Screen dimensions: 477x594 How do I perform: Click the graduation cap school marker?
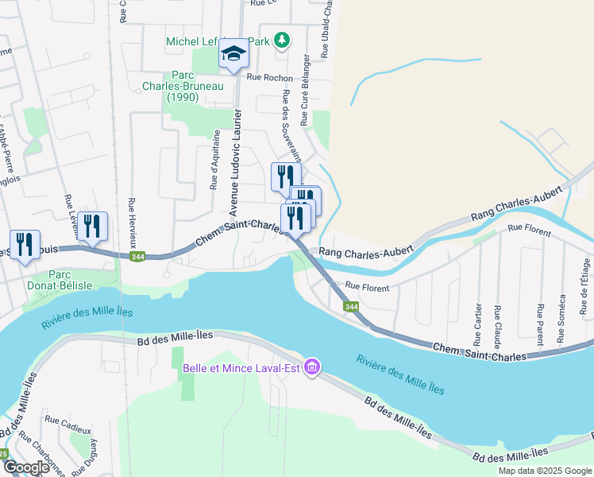point(233,53)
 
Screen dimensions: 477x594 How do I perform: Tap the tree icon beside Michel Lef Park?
point(281,39)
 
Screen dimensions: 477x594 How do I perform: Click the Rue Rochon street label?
point(269,78)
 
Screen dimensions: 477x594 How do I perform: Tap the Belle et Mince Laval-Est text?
point(241,367)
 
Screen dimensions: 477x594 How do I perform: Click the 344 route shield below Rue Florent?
point(349,306)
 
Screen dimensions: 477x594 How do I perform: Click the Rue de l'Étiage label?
point(585,287)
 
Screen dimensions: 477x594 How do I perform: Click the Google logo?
point(26,467)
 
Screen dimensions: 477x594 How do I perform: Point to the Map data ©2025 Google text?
point(544,471)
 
